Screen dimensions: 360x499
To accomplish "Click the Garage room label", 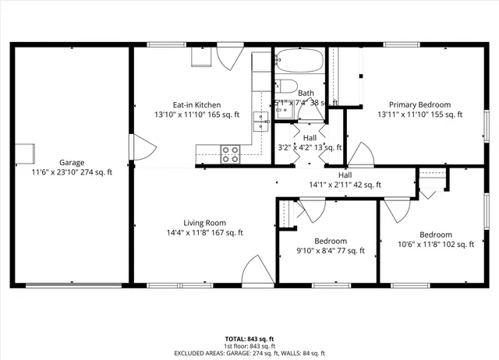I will [72, 162].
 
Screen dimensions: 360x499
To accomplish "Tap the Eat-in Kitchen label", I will [196, 104].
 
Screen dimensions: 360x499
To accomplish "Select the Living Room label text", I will [205, 222].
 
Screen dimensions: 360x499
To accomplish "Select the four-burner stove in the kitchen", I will [230, 154].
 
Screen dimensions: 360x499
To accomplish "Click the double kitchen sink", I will [259, 118].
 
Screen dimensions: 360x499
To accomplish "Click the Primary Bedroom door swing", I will [359, 154].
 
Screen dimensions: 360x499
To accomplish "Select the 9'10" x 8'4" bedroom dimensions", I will [331, 251].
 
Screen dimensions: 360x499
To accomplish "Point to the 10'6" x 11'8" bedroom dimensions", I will [435, 245].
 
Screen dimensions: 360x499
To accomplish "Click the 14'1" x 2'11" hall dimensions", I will [345, 185].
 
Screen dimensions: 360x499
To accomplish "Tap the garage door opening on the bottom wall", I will [73, 284].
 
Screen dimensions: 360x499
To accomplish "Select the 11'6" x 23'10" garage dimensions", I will [72, 172].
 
